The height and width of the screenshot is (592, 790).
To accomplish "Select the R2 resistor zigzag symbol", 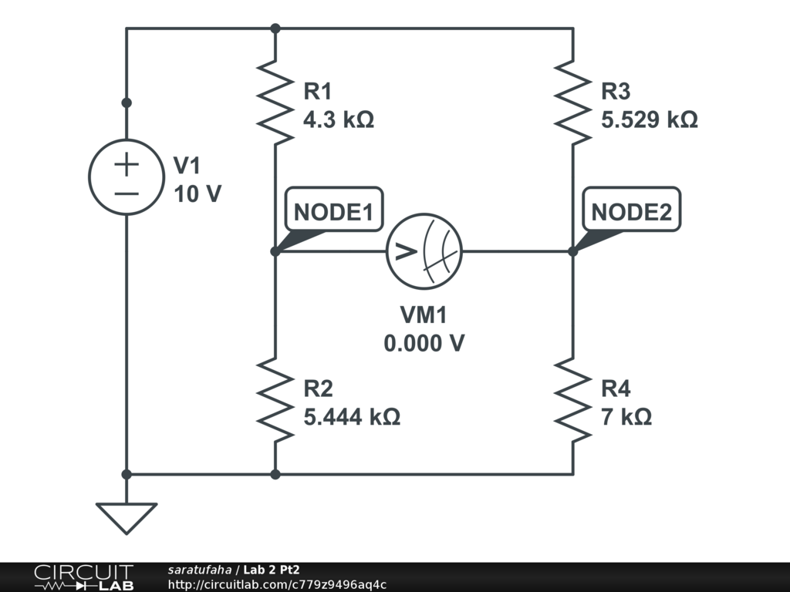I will coord(275,399).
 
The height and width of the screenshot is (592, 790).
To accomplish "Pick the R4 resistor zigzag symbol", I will coord(572,399).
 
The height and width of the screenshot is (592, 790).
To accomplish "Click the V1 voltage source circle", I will coord(127,177).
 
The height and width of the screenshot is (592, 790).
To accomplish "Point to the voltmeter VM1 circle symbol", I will coord(424,251).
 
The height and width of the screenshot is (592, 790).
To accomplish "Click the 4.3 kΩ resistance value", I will coord(339,120).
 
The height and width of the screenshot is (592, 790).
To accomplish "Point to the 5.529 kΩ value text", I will coord(650,120).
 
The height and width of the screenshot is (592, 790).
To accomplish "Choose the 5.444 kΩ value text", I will coord(352,417).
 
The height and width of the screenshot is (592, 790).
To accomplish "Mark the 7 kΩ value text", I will coord(626,417).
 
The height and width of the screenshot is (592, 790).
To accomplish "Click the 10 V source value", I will coord(197,194).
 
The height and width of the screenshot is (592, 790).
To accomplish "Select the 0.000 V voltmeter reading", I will coord(424,342).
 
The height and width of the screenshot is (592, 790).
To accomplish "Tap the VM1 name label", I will coord(424,314).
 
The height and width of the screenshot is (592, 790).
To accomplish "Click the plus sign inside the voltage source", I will coord(127,163).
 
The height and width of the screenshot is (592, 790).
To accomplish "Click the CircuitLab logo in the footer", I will coord(83,577).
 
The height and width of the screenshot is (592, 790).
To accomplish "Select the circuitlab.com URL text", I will coord(277,584).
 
